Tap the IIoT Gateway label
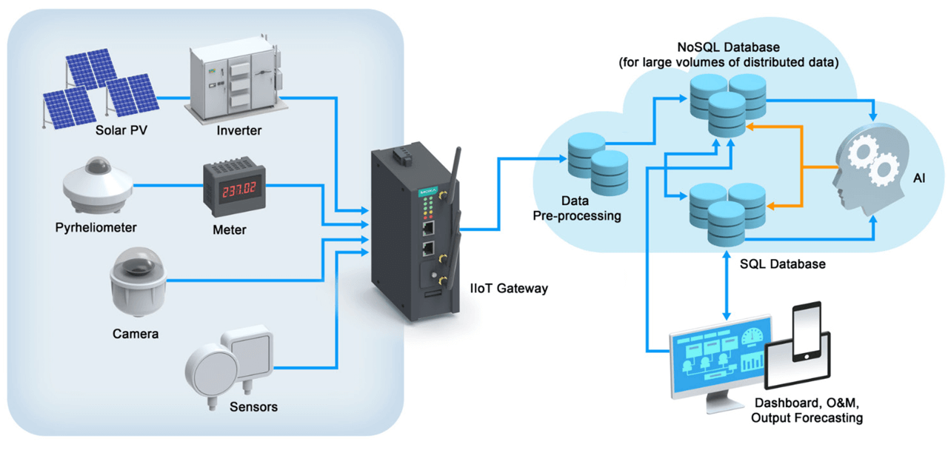(x=509, y=288)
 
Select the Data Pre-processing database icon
(x=598, y=162)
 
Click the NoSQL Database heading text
(x=728, y=47)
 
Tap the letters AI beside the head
(x=918, y=178)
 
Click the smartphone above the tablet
(x=807, y=332)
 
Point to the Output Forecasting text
(x=807, y=418)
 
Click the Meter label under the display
(x=229, y=229)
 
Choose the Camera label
(x=136, y=334)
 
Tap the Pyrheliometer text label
(x=96, y=226)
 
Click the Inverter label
(x=239, y=131)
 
